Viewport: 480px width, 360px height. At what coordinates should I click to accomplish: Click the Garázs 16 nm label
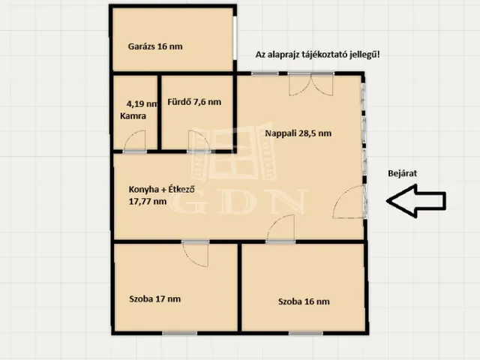click(x=155, y=46)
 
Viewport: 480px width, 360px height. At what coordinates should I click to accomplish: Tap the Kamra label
click(x=133, y=116)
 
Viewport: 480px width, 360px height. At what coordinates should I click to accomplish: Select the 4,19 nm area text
click(x=142, y=103)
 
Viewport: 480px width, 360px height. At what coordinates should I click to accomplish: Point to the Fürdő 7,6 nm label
click(x=194, y=102)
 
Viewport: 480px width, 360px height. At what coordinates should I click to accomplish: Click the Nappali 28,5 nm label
click(x=298, y=133)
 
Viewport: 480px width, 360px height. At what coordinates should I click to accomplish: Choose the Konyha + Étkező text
click(x=162, y=190)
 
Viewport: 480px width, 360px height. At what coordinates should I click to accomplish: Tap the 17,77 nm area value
click(x=148, y=202)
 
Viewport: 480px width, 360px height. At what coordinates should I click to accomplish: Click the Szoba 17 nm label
click(x=155, y=298)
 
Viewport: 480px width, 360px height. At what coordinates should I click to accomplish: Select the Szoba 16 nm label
click(x=304, y=301)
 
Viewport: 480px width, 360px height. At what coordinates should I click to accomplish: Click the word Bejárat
click(x=402, y=173)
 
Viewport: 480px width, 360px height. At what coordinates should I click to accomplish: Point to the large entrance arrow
click(x=416, y=201)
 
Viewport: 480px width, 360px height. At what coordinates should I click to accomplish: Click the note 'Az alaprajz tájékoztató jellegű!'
click(x=318, y=55)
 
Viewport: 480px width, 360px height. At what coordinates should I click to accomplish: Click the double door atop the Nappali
click(x=311, y=85)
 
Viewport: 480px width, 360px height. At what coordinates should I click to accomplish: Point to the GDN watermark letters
click(x=238, y=202)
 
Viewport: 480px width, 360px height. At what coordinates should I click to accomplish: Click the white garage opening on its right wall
click(x=235, y=37)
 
